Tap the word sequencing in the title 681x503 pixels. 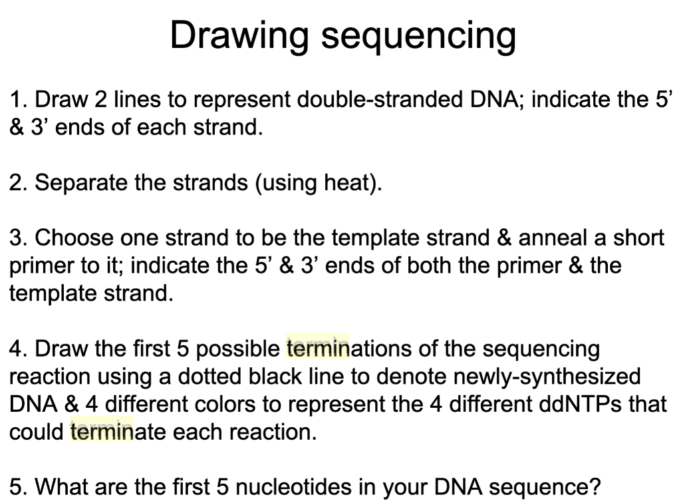418,36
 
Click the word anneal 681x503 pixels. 553,238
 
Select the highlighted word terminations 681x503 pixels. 352,349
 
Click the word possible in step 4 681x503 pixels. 239,349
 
